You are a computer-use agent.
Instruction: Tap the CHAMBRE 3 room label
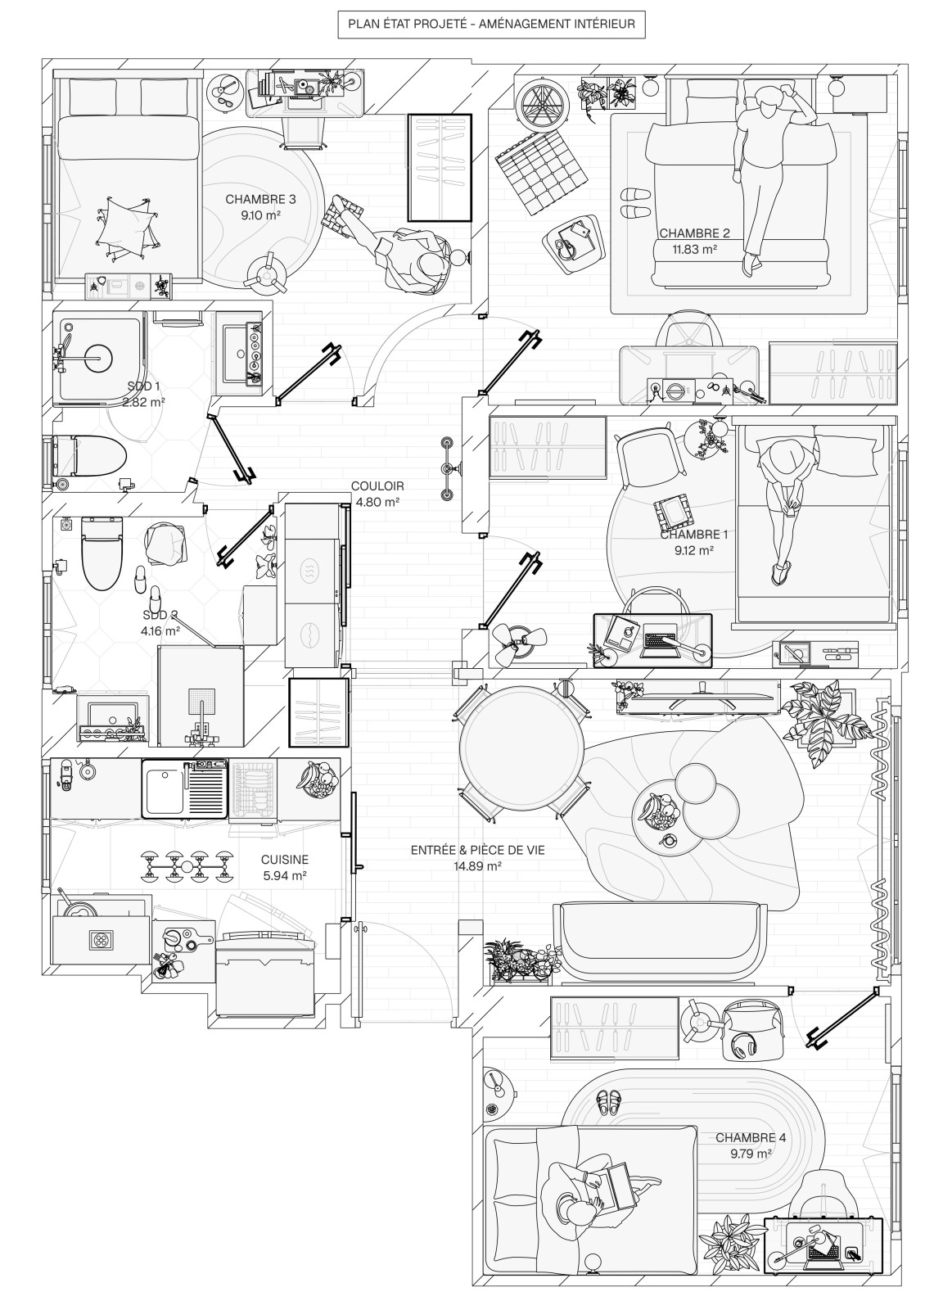[260, 199]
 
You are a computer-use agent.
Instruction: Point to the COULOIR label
[377, 486]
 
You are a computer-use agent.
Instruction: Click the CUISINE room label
[285, 860]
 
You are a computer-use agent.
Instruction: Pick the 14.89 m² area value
[477, 865]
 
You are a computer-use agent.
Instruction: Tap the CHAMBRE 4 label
[751, 1138]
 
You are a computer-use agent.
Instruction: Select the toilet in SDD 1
[90, 455]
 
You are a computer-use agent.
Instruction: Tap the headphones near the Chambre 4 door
[744, 1046]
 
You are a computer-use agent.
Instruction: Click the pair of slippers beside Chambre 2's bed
[635, 203]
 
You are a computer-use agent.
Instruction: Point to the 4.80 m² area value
[377, 501]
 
